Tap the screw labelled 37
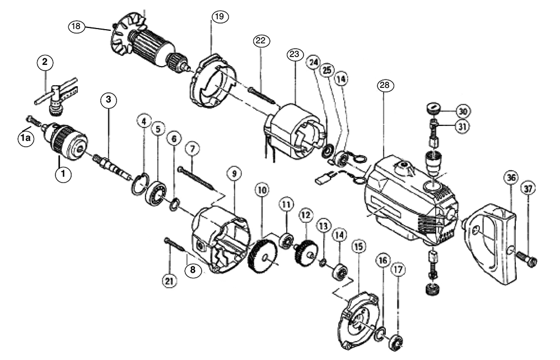pos(527,258)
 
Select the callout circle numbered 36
pos(510,177)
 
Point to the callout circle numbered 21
pos(169,281)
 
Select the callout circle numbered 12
pos(306,214)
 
